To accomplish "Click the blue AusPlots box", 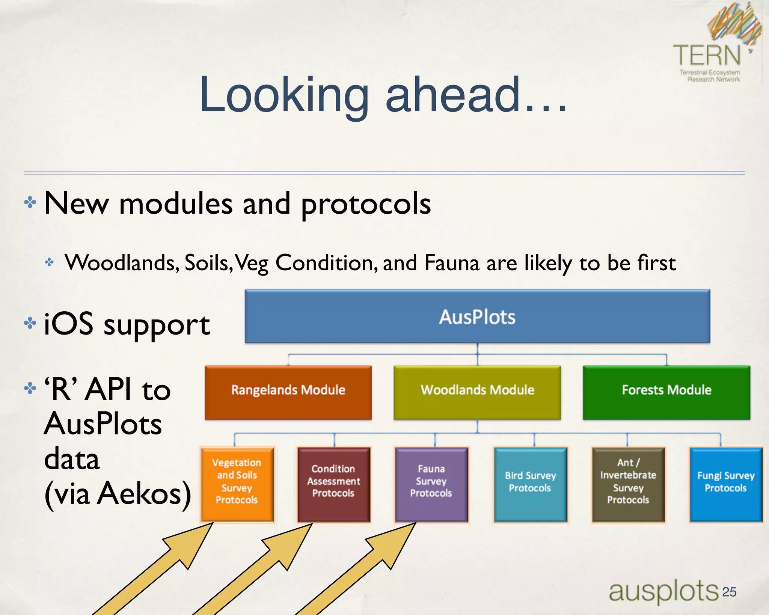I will [477, 317].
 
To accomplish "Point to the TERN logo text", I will [707, 56].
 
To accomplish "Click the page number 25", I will [729, 592].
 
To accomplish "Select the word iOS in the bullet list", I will [68, 324].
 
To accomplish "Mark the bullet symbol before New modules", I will [30, 203].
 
